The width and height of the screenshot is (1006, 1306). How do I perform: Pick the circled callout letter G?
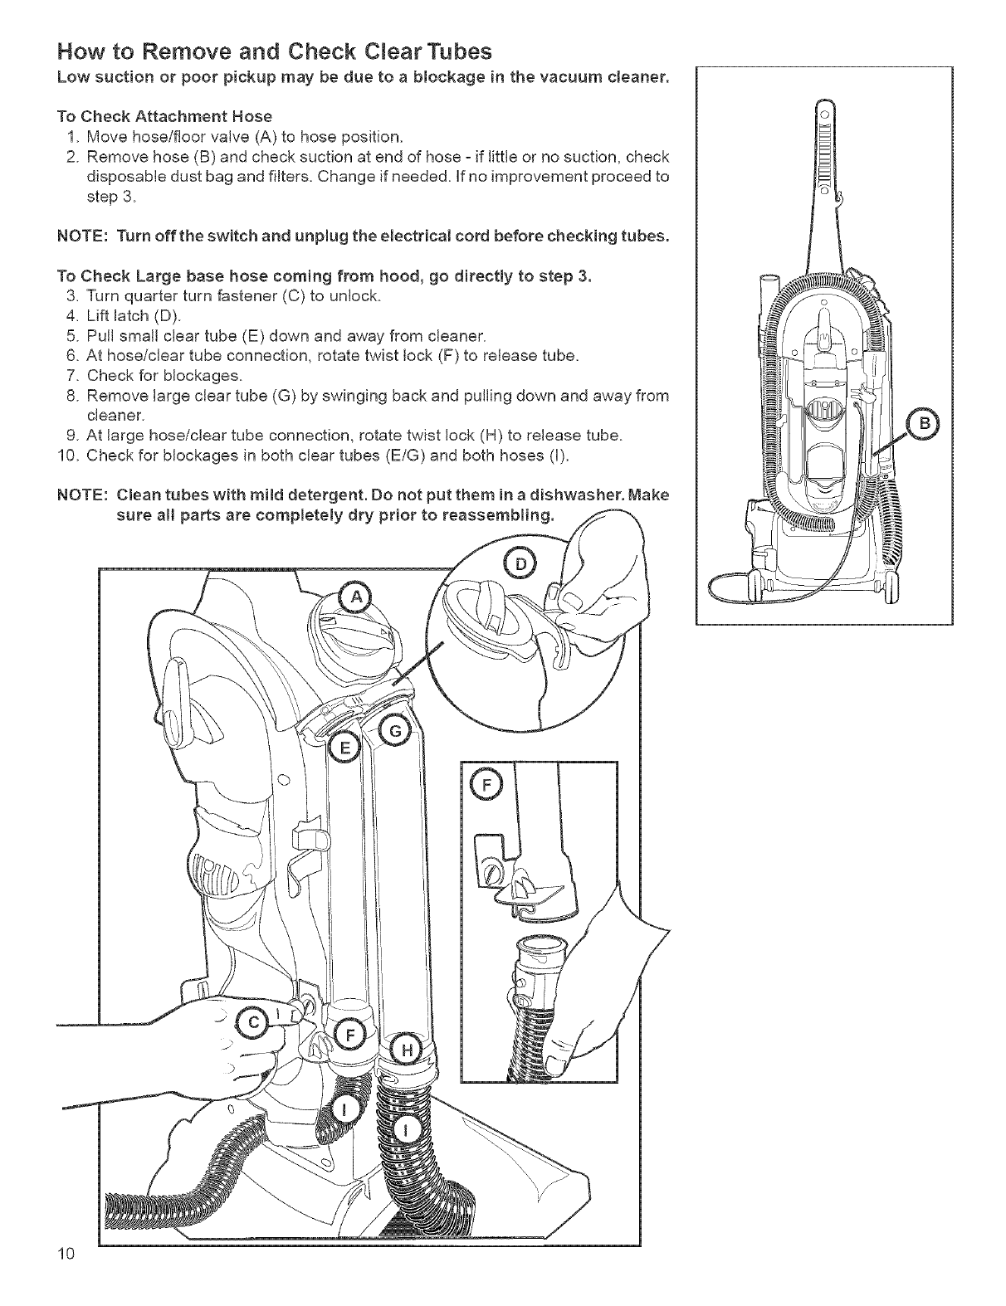point(394,731)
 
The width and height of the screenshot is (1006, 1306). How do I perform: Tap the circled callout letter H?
point(406,1050)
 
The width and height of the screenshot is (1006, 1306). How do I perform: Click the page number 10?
point(66,1276)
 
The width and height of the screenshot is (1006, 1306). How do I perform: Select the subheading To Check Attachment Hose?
point(164,115)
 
